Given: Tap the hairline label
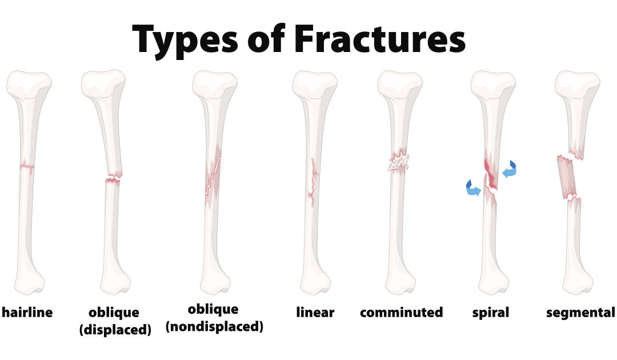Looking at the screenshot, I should pyautogui.click(x=27, y=312).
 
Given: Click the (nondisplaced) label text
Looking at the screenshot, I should pyautogui.click(x=214, y=327).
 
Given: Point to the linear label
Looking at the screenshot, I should pyautogui.click(x=315, y=312).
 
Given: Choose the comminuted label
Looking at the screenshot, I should pyautogui.click(x=401, y=312).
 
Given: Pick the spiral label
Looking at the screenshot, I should pyautogui.click(x=490, y=312).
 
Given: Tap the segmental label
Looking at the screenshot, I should pyautogui.click(x=580, y=312).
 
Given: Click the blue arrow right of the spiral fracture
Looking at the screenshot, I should pyautogui.click(x=508, y=170).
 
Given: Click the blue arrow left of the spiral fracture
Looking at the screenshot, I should pyautogui.click(x=472, y=188).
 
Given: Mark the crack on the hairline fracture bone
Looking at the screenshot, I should pyautogui.click(x=25, y=167).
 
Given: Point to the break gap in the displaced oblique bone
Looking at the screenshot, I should pyautogui.click(x=114, y=178).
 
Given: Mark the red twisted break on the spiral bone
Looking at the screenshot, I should pyautogui.click(x=491, y=177).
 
